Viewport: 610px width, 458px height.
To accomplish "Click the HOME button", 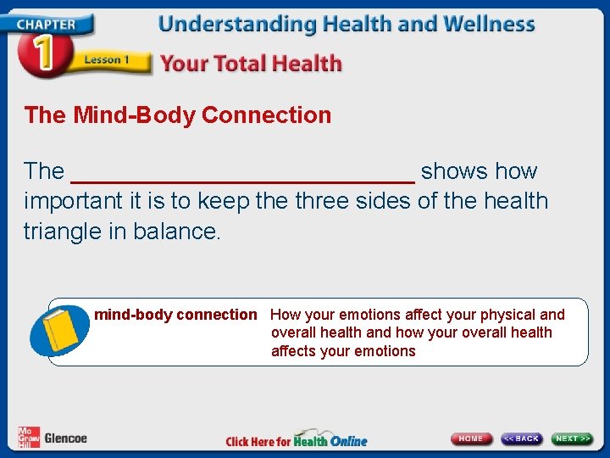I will coord(471,438).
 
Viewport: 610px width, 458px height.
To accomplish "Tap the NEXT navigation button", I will coord(572,438).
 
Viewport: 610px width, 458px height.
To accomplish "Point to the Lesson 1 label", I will coord(106,60).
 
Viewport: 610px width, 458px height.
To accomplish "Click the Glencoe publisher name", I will coord(65,438).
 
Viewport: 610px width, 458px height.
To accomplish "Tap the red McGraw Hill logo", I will coord(29,438).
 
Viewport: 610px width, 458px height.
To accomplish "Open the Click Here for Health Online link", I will coord(297,440).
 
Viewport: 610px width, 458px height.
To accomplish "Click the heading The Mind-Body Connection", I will coord(178,115).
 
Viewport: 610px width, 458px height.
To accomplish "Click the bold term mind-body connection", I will coord(175,315).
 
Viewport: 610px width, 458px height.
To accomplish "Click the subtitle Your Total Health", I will coord(251,63).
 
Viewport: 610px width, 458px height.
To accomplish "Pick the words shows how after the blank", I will coord(479,171).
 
